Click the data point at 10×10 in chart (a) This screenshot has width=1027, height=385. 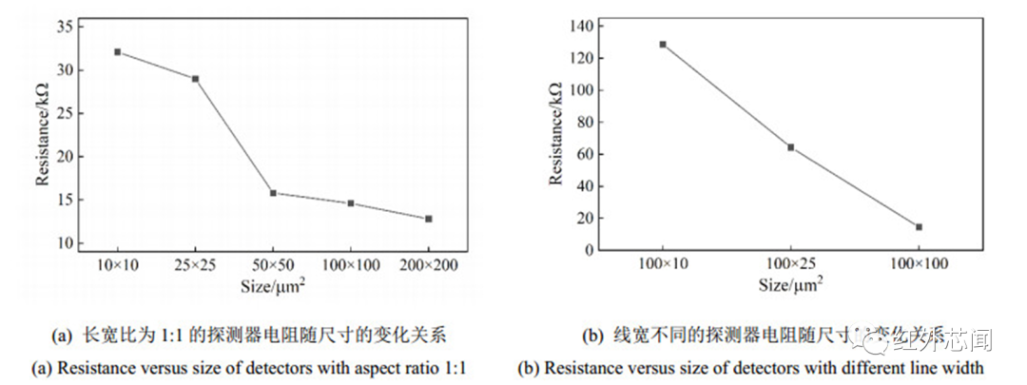point(117,51)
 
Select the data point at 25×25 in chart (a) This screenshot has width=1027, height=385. point(195,79)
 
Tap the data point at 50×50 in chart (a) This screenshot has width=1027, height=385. point(273,193)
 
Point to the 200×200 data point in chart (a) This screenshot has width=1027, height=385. point(429,219)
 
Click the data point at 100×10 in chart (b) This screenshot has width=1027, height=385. point(663,44)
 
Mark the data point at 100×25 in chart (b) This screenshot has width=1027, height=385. point(790,147)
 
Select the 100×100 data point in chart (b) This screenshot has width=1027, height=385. point(919,227)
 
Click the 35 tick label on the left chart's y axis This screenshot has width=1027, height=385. point(65,27)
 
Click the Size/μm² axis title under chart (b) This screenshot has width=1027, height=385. point(790,283)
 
